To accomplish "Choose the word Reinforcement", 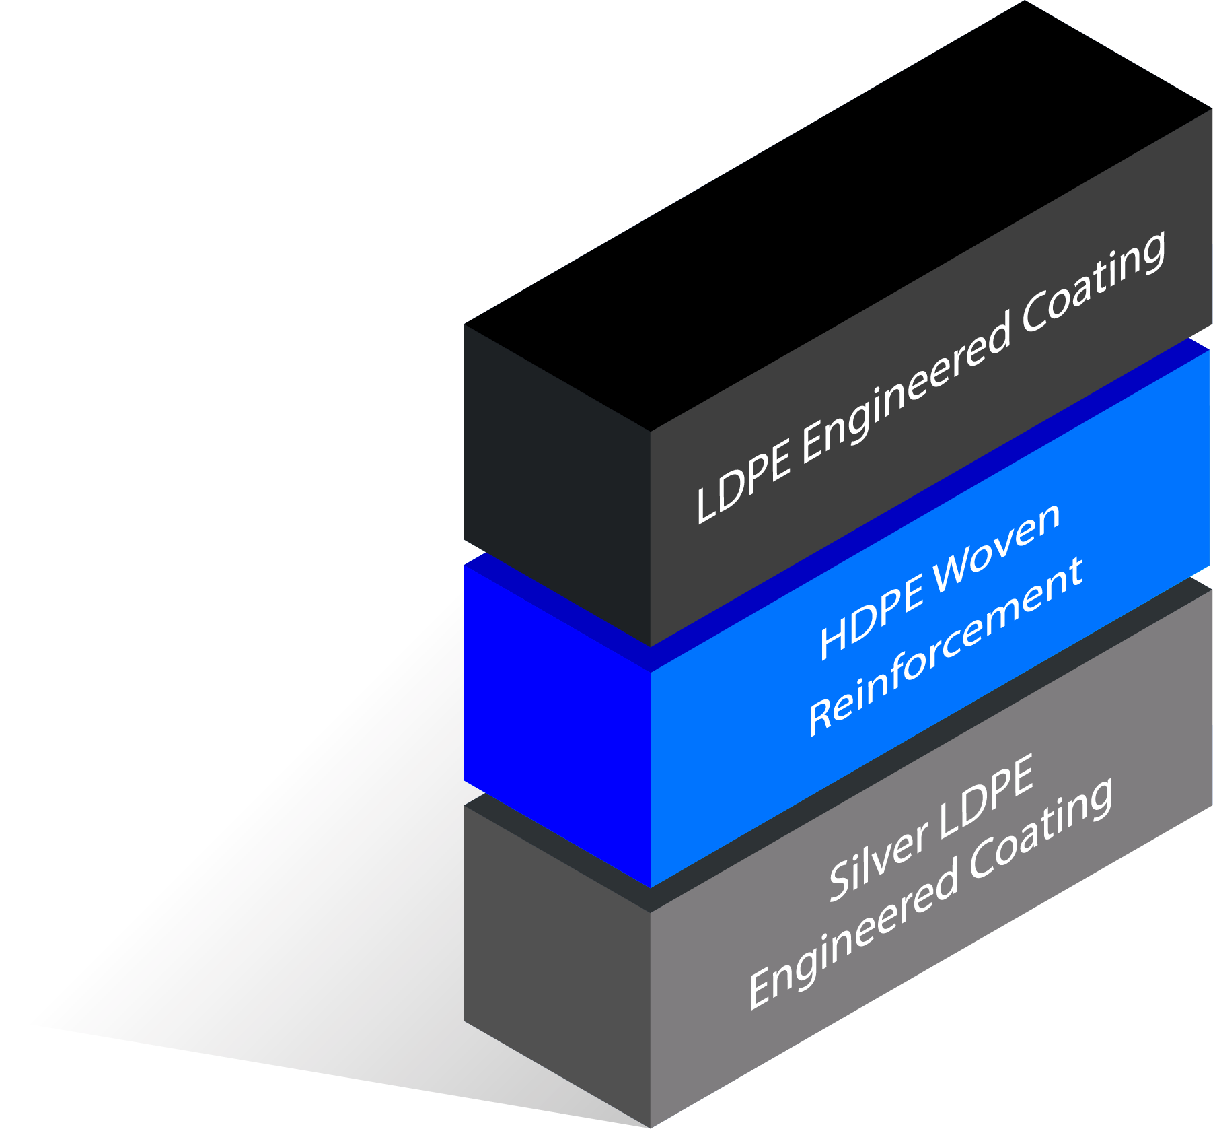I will pyautogui.click(x=946, y=646).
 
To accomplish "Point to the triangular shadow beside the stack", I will pyautogui.click(x=303, y=943).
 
